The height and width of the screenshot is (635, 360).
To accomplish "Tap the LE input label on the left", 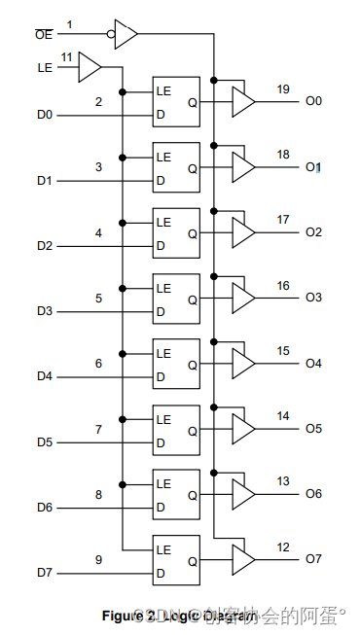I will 46,67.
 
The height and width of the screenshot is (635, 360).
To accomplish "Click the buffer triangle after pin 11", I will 90,67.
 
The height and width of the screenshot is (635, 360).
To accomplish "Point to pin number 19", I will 282,89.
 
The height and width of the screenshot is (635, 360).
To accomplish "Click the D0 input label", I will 45,116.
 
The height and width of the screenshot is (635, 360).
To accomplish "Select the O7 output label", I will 312,558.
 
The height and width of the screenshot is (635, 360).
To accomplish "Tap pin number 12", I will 282,547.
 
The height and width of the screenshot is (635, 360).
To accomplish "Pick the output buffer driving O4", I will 243,363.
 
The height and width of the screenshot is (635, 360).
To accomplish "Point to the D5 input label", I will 45,442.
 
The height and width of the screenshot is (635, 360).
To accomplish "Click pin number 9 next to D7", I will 98,559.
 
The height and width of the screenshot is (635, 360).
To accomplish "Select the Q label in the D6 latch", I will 192,495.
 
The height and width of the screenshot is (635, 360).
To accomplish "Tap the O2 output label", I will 312,231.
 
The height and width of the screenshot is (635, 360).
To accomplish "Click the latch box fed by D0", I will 176,101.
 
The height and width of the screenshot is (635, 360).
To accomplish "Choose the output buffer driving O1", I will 243,166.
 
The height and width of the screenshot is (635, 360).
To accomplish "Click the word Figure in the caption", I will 125,616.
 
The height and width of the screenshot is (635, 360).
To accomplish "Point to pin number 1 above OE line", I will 70,22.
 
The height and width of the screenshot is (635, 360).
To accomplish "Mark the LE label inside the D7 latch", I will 163,548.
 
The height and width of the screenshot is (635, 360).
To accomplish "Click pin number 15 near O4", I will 282,351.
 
